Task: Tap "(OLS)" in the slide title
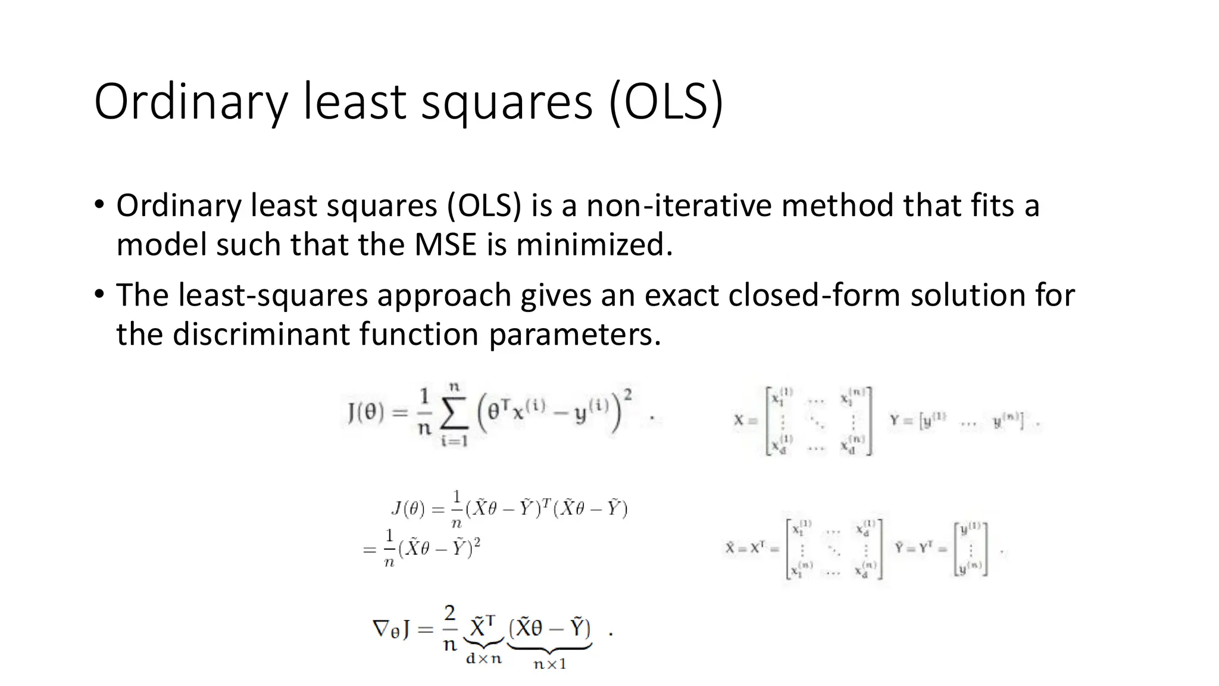666,102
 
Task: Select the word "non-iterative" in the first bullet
679,205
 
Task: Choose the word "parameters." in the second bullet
575,334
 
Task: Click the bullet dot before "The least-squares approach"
99,294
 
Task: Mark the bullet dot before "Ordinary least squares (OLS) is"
99,204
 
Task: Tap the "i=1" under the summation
454,441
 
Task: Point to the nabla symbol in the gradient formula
382,628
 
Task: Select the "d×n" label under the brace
484,659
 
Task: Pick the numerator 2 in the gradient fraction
450,613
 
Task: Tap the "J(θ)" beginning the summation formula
365,413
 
